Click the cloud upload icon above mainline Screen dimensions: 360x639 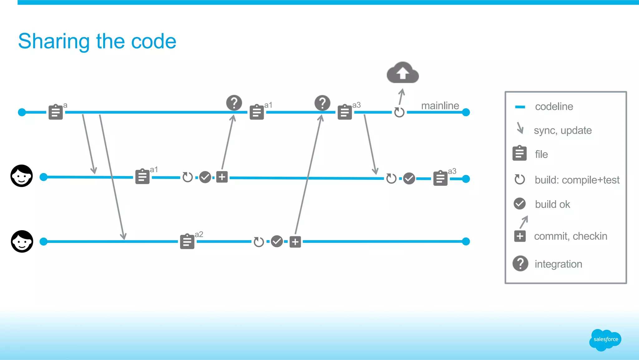(402, 73)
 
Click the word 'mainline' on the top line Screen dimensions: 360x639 (440, 106)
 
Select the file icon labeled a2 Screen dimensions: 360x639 (187, 241)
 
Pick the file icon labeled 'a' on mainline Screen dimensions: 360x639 (56, 112)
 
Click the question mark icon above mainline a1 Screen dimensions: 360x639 (234, 103)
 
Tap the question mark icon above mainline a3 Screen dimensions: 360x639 (322, 103)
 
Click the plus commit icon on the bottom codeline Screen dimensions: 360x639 (295, 242)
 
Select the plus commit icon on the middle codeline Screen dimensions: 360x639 (222, 177)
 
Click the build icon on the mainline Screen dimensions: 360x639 (399, 112)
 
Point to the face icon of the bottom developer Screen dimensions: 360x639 (22, 241)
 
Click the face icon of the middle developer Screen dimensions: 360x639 (22, 176)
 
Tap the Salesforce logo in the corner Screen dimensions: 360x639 (605, 339)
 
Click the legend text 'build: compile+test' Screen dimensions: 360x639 (577, 180)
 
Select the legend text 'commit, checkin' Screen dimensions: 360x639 (570, 236)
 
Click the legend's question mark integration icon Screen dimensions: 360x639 (520, 264)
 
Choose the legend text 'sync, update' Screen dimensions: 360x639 (563, 130)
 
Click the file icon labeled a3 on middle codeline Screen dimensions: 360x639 (440, 178)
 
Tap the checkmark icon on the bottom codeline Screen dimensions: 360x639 (277, 241)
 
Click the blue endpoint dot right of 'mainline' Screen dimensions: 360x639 (466, 112)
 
